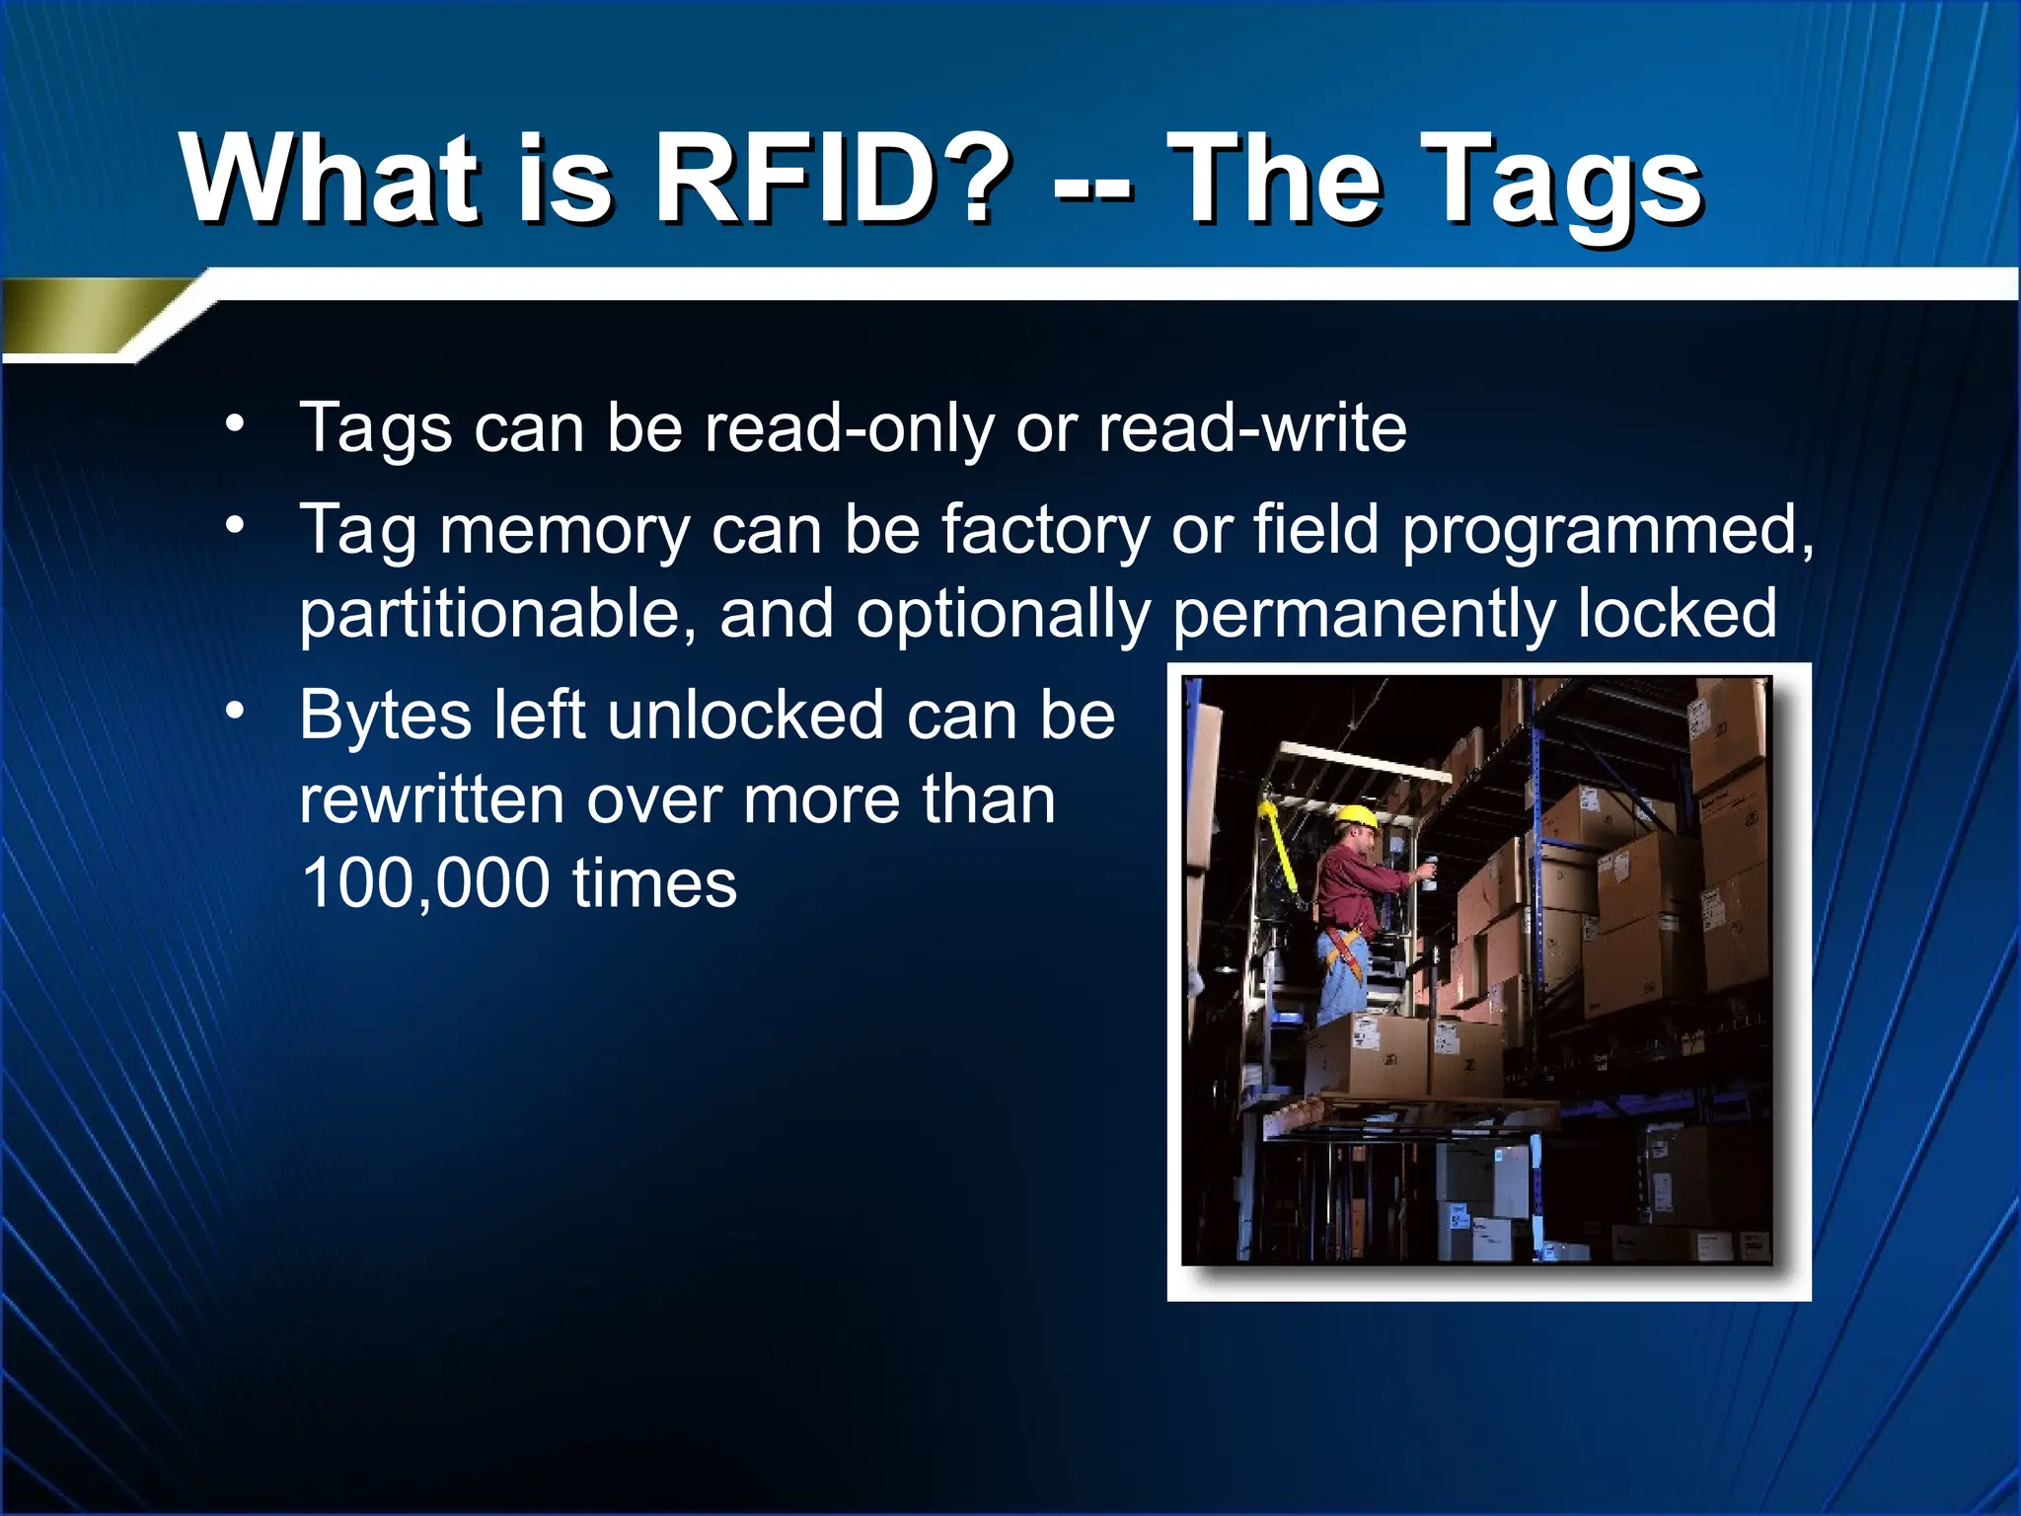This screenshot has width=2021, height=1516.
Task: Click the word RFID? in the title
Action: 831,180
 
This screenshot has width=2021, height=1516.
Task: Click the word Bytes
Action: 386,717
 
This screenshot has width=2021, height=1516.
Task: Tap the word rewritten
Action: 432,799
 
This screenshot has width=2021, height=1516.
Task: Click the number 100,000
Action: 424,883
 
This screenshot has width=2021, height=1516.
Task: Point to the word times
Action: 654,883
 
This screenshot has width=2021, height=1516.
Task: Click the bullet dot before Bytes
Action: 234,710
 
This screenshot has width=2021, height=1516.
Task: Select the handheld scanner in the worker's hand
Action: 1427,873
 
